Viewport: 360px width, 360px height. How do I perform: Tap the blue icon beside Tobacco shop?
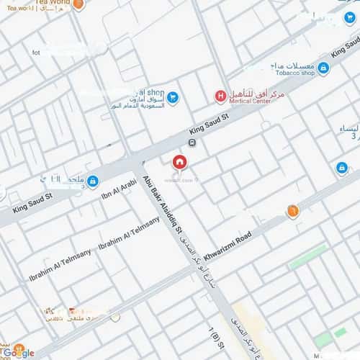[323, 68]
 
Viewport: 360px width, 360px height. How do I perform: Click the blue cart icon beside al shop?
[172, 97]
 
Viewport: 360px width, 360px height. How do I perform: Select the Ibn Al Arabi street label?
[119, 189]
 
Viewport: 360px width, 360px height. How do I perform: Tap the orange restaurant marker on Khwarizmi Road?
[292, 211]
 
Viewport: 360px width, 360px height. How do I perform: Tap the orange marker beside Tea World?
[78, 4]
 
